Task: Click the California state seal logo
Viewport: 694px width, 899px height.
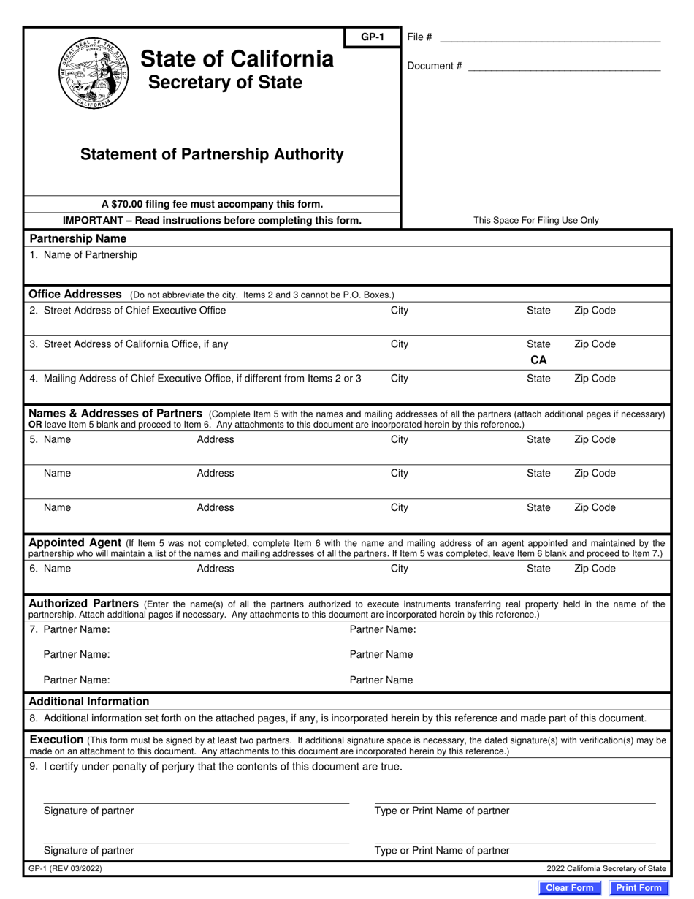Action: (x=93, y=73)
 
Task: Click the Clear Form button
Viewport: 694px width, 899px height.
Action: (x=570, y=887)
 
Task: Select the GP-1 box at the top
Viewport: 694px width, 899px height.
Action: (x=373, y=37)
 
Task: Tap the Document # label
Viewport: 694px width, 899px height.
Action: (x=434, y=66)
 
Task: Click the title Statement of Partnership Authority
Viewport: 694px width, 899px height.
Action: (x=212, y=154)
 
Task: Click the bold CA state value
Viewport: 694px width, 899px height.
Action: (x=538, y=360)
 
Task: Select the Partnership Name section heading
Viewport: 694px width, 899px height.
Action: (x=77, y=238)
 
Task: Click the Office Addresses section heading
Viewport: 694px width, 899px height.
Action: (x=75, y=294)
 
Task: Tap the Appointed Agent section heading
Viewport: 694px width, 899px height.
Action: (x=75, y=542)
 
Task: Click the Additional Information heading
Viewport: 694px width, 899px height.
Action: (x=88, y=701)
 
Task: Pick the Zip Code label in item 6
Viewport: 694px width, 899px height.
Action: (x=595, y=569)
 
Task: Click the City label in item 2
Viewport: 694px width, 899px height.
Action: (x=400, y=310)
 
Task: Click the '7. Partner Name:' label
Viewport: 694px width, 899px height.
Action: (x=70, y=629)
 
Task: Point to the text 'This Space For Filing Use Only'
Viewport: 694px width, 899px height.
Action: (x=535, y=220)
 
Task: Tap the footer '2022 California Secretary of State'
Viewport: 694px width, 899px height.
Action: (x=606, y=868)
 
